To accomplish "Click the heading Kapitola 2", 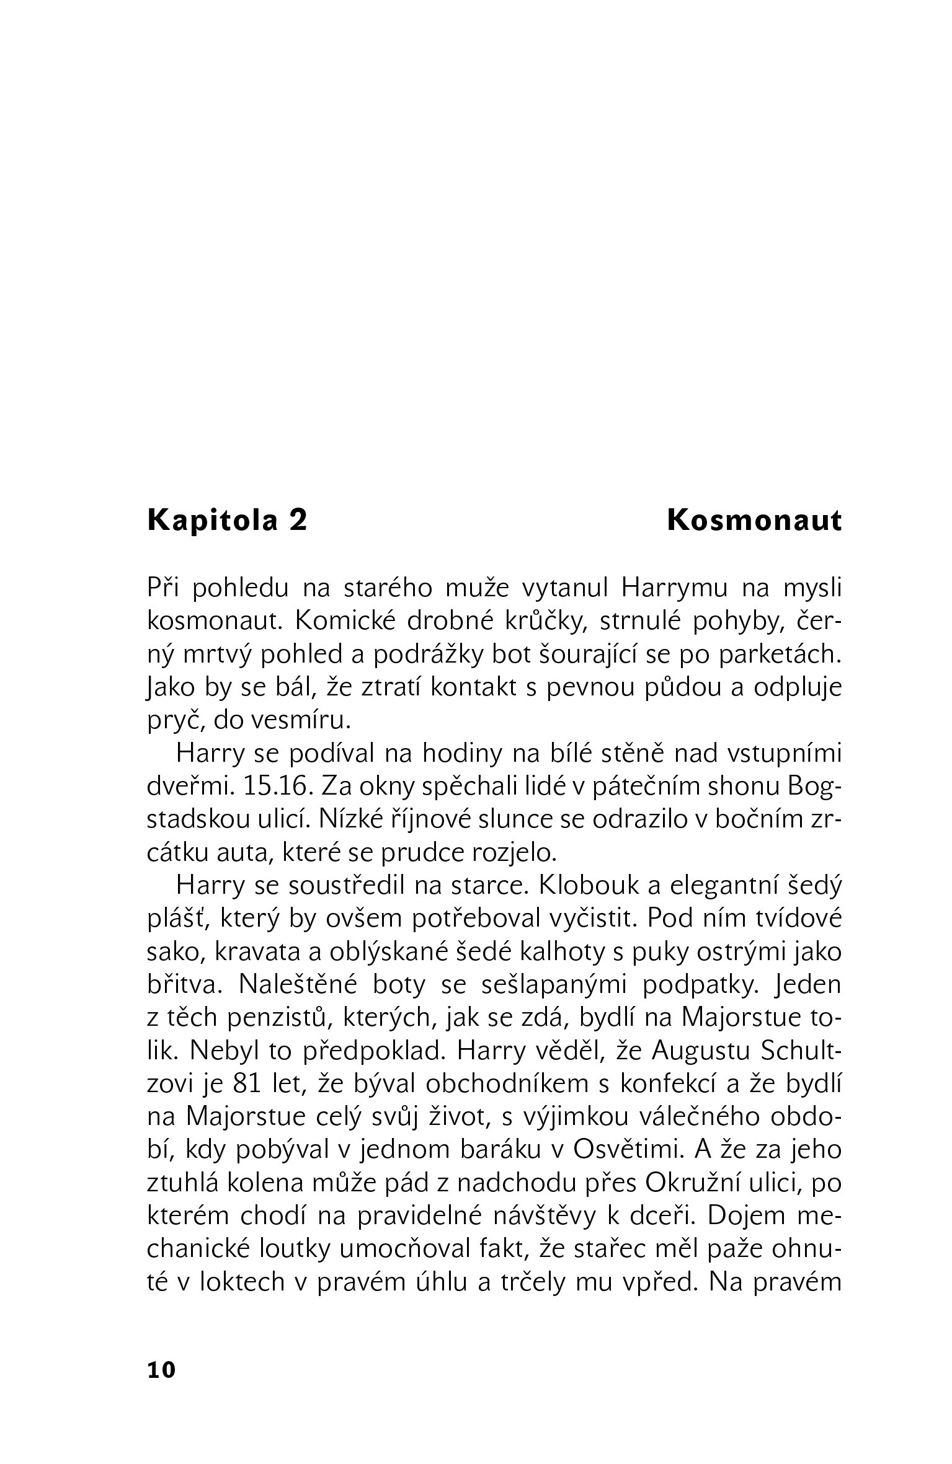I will pos(227,521).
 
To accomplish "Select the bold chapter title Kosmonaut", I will pos(754,521).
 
